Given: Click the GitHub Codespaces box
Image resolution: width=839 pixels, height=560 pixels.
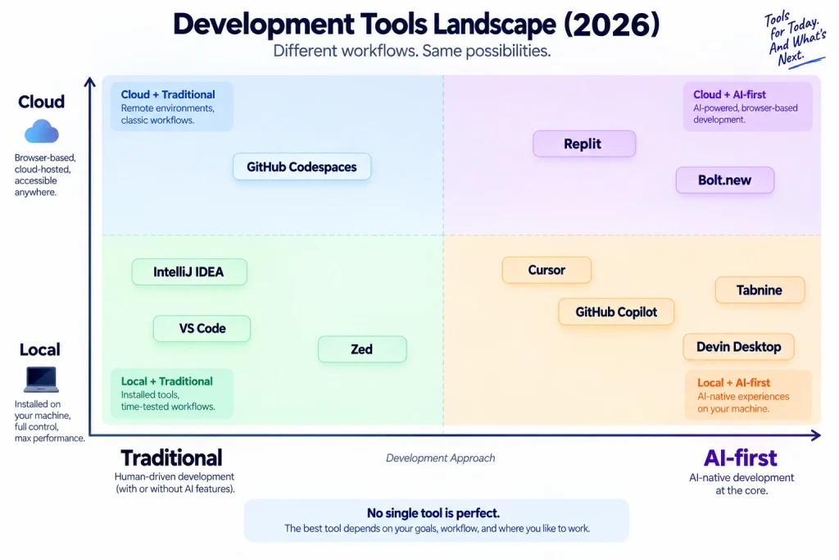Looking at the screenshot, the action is pyautogui.click(x=302, y=166).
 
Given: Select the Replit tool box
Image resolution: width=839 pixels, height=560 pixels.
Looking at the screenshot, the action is pyautogui.click(x=584, y=143).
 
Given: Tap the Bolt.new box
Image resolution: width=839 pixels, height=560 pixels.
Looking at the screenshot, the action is pyautogui.click(x=725, y=180).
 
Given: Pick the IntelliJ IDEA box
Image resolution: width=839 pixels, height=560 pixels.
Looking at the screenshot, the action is pyautogui.click(x=189, y=272).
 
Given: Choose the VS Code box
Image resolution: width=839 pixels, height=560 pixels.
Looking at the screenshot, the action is pyautogui.click(x=202, y=328).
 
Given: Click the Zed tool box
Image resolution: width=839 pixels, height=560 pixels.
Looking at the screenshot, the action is pyautogui.click(x=362, y=349).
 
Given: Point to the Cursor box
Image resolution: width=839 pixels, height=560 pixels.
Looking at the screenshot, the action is pyautogui.click(x=546, y=270).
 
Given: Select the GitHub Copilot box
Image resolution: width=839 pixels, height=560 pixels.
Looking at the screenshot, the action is pyautogui.click(x=616, y=312).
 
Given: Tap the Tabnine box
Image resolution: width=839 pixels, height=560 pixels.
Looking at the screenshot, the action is pyautogui.click(x=760, y=290).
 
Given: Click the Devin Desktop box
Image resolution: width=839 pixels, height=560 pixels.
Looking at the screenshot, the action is pyautogui.click(x=739, y=347).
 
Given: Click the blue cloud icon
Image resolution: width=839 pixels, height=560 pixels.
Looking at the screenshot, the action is pyautogui.click(x=42, y=131).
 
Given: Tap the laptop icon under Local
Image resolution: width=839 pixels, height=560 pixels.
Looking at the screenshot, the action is pyautogui.click(x=41, y=379).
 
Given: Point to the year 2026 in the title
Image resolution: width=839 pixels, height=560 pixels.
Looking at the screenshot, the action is pyautogui.click(x=611, y=24).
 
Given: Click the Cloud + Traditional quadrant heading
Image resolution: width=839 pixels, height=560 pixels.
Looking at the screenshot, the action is pyautogui.click(x=168, y=95).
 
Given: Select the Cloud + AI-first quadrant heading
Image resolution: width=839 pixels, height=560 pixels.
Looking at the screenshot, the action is pyautogui.click(x=729, y=95).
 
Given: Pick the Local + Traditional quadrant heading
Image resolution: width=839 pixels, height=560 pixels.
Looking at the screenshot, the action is pyautogui.click(x=167, y=381).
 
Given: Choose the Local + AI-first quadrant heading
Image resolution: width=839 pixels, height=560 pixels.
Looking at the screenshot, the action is pyautogui.click(x=733, y=383).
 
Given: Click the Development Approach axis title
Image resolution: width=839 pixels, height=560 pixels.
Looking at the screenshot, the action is pyautogui.click(x=440, y=458).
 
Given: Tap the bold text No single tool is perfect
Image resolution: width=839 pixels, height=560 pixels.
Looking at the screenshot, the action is pyautogui.click(x=433, y=513).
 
